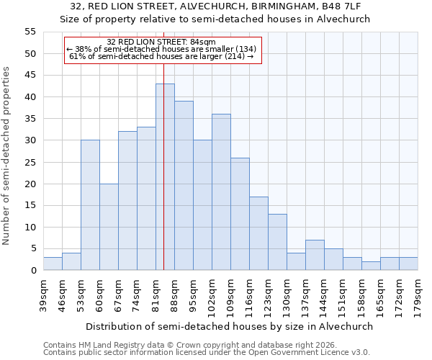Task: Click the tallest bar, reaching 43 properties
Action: tap(165, 177)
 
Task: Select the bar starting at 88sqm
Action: tap(184, 186)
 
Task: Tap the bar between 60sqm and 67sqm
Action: tap(109, 227)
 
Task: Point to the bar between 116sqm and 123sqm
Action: tap(258, 233)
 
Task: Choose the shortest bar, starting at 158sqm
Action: tap(371, 266)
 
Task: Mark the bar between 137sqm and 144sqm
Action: tap(315, 255)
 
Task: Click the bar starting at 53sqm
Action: tap(90, 205)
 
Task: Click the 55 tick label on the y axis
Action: tap(30, 32)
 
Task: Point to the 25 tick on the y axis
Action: tap(30, 162)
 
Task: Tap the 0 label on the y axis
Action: tap(32, 271)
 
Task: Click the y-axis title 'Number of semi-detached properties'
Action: tap(7, 156)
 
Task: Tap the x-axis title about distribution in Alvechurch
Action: tap(230, 326)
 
